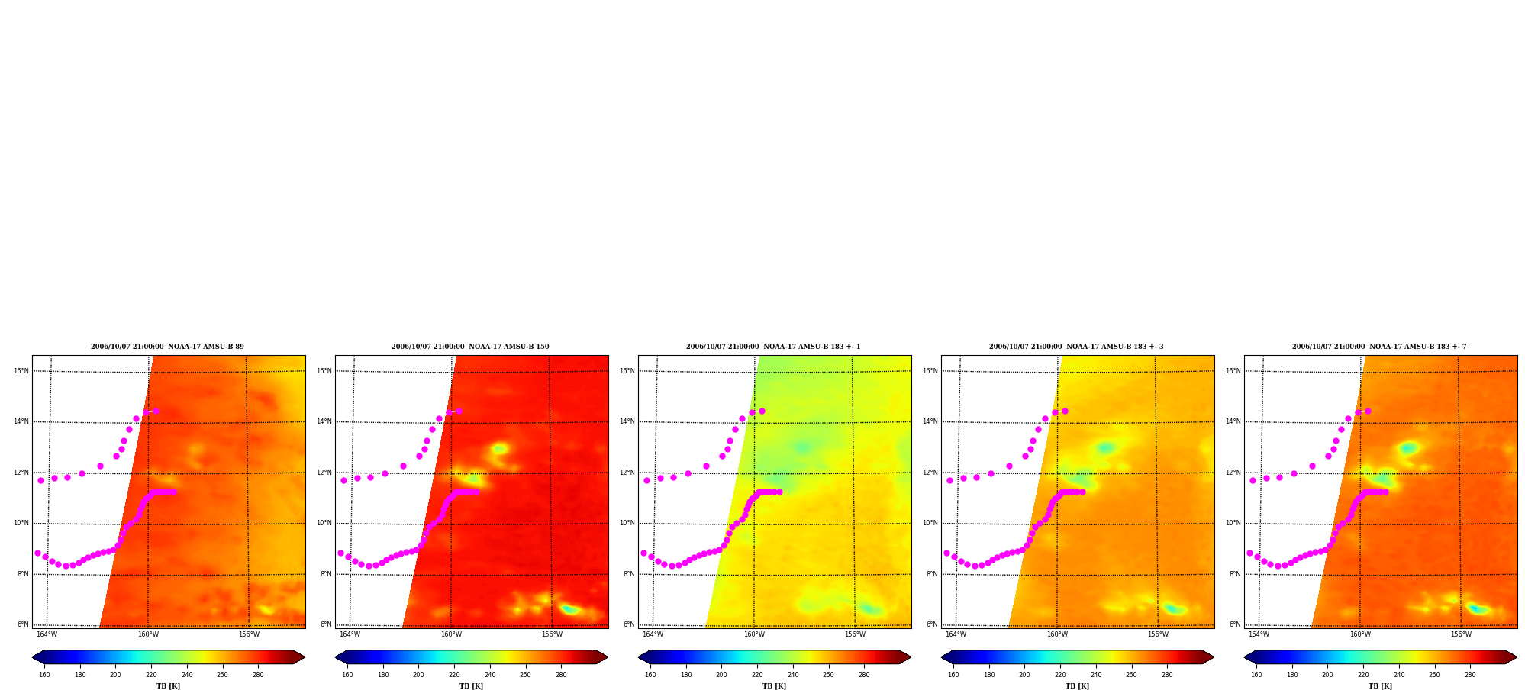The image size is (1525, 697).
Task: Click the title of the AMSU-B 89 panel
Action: (x=168, y=347)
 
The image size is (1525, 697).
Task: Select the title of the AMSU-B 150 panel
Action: (x=470, y=347)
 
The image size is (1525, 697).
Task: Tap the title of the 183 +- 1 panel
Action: (x=773, y=347)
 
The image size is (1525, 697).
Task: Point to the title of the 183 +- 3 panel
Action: (x=1076, y=347)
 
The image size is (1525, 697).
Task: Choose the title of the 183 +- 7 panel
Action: (x=1379, y=347)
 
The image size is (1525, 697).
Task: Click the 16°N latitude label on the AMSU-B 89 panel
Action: (x=21, y=371)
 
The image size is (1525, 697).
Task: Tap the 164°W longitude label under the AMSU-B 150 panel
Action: (x=350, y=634)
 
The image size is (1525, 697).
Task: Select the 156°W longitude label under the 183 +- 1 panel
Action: (x=855, y=634)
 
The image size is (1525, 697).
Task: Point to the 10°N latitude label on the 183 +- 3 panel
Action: (x=930, y=523)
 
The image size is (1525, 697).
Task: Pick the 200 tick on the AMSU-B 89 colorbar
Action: (x=115, y=675)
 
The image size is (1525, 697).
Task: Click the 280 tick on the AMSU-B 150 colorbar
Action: (x=561, y=675)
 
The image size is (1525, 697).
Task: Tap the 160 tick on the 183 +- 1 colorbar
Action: (x=650, y=675)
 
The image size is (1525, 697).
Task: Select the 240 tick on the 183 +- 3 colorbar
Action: (x=1096, y=675)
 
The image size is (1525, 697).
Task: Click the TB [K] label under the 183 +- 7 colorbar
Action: (x=1380, y=686)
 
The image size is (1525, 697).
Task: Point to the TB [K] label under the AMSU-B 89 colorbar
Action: (x=168, y=686)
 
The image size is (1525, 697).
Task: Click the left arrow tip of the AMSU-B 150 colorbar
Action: (x=335, y=657)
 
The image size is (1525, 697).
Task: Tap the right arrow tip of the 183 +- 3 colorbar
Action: (x=1214, y=657)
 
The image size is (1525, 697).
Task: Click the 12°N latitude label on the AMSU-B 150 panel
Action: (x=324, y=473)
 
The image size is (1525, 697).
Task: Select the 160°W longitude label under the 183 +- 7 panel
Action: (x=1360, y=634)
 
